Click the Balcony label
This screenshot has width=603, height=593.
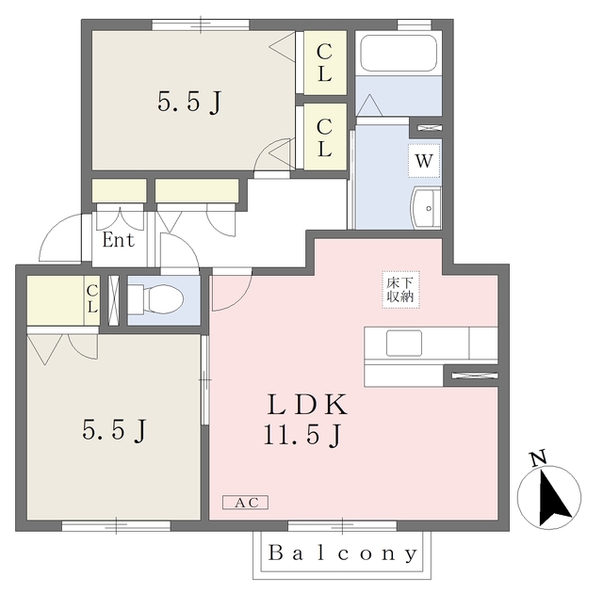(342, 553)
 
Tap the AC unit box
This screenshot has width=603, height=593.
(245, 503)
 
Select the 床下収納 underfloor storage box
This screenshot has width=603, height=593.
(400, 290)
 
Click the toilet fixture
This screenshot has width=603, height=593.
(155, 299)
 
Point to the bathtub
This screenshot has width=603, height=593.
(399, 53)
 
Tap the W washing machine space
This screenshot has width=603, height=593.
(424, 161)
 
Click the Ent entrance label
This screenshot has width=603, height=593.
(118, 240)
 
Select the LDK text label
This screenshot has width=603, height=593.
(307, 405)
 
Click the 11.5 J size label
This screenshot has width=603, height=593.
(302, 435)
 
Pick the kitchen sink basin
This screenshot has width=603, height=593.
(404, 343)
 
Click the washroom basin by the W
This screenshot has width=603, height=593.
(426, 208)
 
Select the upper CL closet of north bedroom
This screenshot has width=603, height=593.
(325, 63)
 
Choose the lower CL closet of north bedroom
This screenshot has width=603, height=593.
(325, 137)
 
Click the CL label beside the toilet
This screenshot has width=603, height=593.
(92, 298)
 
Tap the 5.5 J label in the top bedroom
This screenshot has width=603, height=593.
(189, 103)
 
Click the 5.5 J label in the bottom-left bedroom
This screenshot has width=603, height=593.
(114, 430)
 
